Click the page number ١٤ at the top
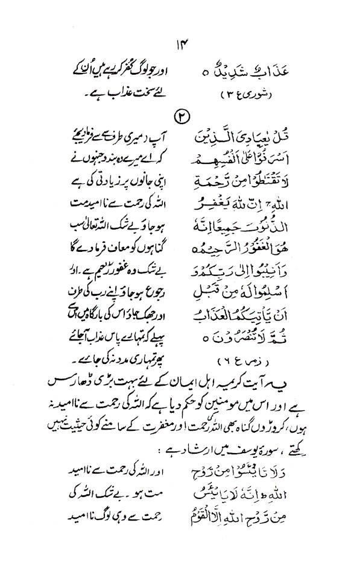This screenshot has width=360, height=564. click(180, 43)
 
